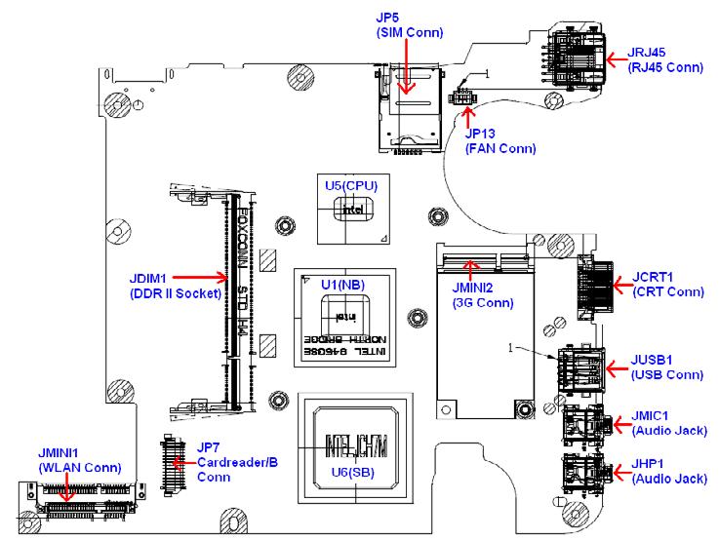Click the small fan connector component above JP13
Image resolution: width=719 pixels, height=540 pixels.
point(460,98)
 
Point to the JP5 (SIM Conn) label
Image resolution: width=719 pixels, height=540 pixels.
point(409,25)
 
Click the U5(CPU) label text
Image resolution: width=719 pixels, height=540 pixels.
point(351,184)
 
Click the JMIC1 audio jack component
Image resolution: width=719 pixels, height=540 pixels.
point(583,425)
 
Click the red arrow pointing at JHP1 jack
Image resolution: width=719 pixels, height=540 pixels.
point(614,472)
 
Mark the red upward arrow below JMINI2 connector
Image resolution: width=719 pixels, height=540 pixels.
point(473,270)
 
